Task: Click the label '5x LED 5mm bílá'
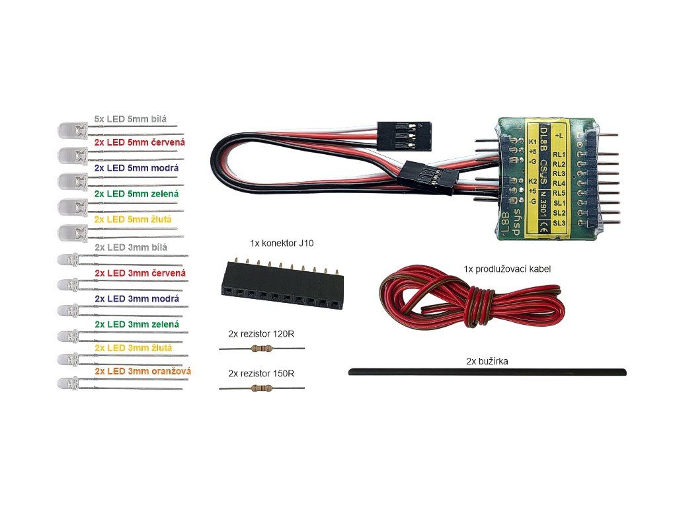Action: tap(130, 119)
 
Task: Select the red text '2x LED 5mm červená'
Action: tap(139, 142)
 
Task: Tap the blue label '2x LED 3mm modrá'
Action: tap(136, 299)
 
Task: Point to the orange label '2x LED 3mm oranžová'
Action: tap(143, 371)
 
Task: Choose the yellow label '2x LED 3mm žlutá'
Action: tap(134, 347)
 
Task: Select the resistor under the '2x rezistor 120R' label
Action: tap(262, 349)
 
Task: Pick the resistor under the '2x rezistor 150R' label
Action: tap(262, 388)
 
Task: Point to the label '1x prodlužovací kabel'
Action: tap(508, 269)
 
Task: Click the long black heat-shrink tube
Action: tap(487, 372)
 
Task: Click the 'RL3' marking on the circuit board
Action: tap(559, 173)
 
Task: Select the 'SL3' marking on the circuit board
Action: tap(559, 223)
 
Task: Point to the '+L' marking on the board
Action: tap(559, 134)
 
